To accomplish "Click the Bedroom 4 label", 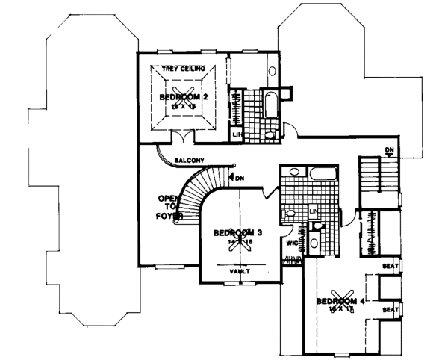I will click(x=341, y=301).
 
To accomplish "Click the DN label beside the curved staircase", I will click(x=240, y=178).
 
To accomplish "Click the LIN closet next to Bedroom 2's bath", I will click(x=237, y=134).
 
